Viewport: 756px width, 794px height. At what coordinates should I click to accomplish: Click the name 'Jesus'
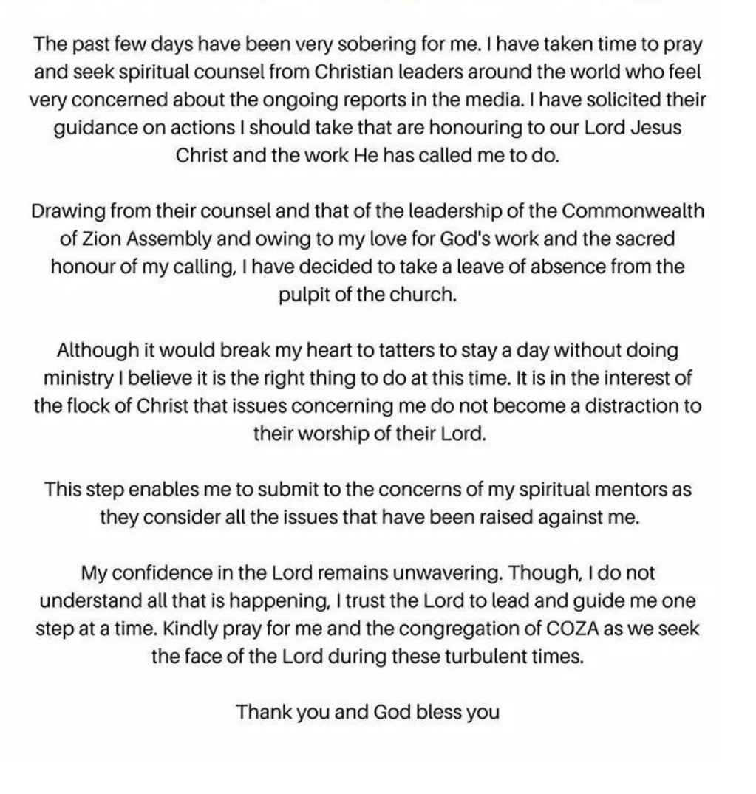656,128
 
